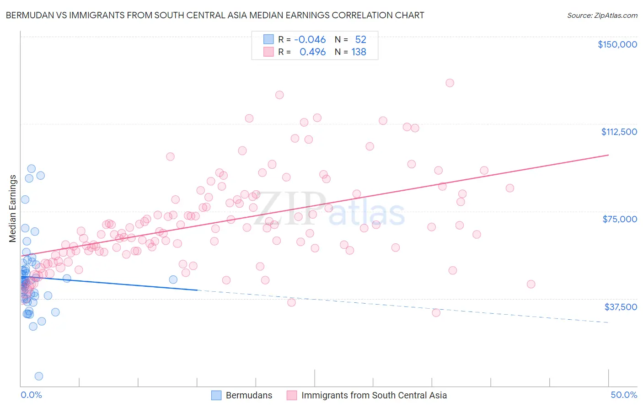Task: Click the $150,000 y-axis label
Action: point(617,44)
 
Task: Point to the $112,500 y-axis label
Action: point(619,132)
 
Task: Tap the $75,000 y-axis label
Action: point(620,219)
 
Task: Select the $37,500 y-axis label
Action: point(621,307)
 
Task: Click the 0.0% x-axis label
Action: point(31,395)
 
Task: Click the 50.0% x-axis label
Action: point(624,395)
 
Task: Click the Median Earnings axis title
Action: point(13,209)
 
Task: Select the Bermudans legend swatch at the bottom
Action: point(216,395)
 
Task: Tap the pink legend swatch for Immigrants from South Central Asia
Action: point(292,395)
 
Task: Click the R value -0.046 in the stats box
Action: point(310,39)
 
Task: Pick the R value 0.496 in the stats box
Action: point(312,52)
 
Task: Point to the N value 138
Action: point(359,52)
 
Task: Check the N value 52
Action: point(360,39)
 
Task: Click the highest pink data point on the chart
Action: point(450,83)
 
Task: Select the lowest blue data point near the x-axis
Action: point(39,376)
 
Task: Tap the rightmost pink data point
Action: point(531,284)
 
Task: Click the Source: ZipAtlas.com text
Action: point(602,16)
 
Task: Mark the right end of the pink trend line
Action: point(608,155)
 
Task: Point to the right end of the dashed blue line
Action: point(608,322)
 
